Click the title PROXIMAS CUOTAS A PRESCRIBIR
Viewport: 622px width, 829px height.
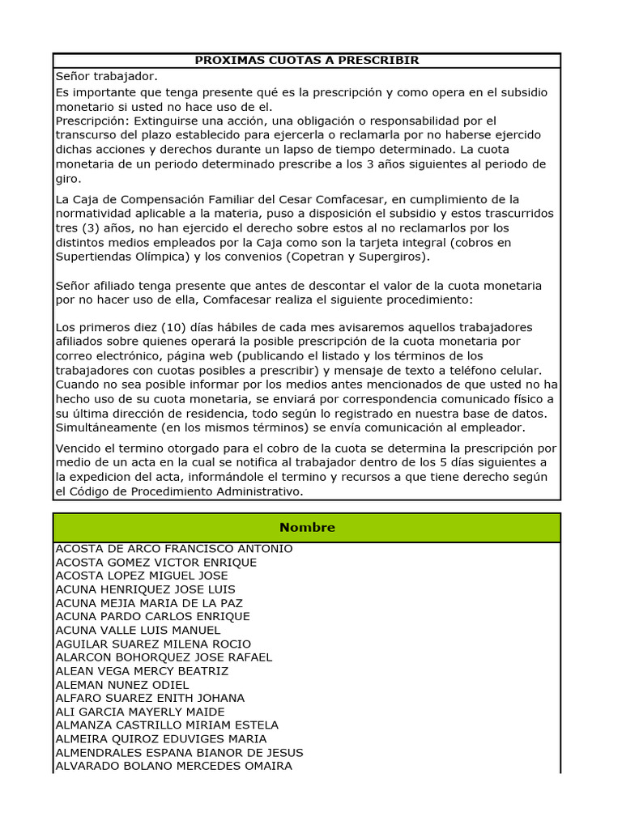(307, 61)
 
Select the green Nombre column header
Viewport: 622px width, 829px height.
(307, 528)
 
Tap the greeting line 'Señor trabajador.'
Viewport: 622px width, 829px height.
(106, 76)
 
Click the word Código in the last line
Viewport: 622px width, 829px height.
(96, 491)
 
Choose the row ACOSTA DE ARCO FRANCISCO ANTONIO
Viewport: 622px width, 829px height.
(174, 549)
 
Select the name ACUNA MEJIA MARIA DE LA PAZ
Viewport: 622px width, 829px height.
(149, 603)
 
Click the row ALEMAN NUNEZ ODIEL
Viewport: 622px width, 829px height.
(122, 685)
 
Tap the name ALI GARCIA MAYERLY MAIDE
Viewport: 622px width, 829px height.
(140, 712)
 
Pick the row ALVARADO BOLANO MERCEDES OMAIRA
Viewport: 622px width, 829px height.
(174, 766)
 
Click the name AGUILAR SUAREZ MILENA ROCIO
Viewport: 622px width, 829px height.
(153, 644)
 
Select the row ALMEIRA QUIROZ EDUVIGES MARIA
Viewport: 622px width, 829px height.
(161, 739)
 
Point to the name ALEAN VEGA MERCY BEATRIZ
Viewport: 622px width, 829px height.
(142, 671)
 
